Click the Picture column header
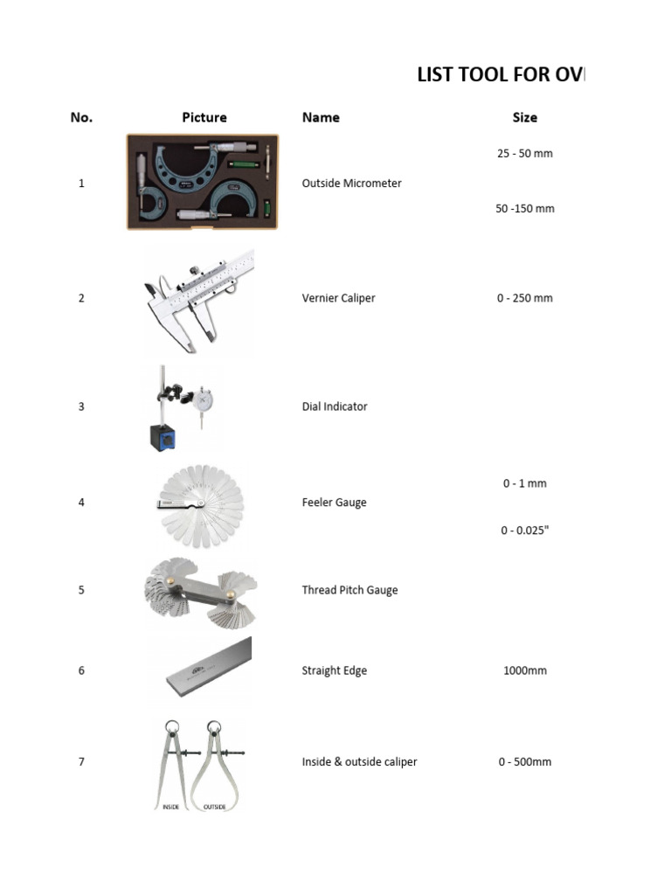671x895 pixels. (x=204, y=117)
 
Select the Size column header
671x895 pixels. (x=525, y=117)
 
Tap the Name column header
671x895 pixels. (x=321, y=117)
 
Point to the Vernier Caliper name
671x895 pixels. (x=338, y=298)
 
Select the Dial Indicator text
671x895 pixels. (x=335, y=406)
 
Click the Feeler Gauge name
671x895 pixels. (x=334, y=503)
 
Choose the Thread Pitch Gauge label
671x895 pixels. (x=349, y=590)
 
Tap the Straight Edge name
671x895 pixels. (x=334, y=671)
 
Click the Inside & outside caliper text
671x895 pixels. (x=359, y=762)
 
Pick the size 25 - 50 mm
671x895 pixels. (x=525, y=154)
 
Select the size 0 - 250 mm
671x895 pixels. (x=525, y=298)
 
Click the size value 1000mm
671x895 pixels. (x=525, y=671)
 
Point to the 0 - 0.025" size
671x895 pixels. (x=525, y=531)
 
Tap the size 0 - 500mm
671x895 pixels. (x=525, y=762)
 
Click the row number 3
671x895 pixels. (x=81, y=406)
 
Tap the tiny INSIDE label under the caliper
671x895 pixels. (x=170, y=807)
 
